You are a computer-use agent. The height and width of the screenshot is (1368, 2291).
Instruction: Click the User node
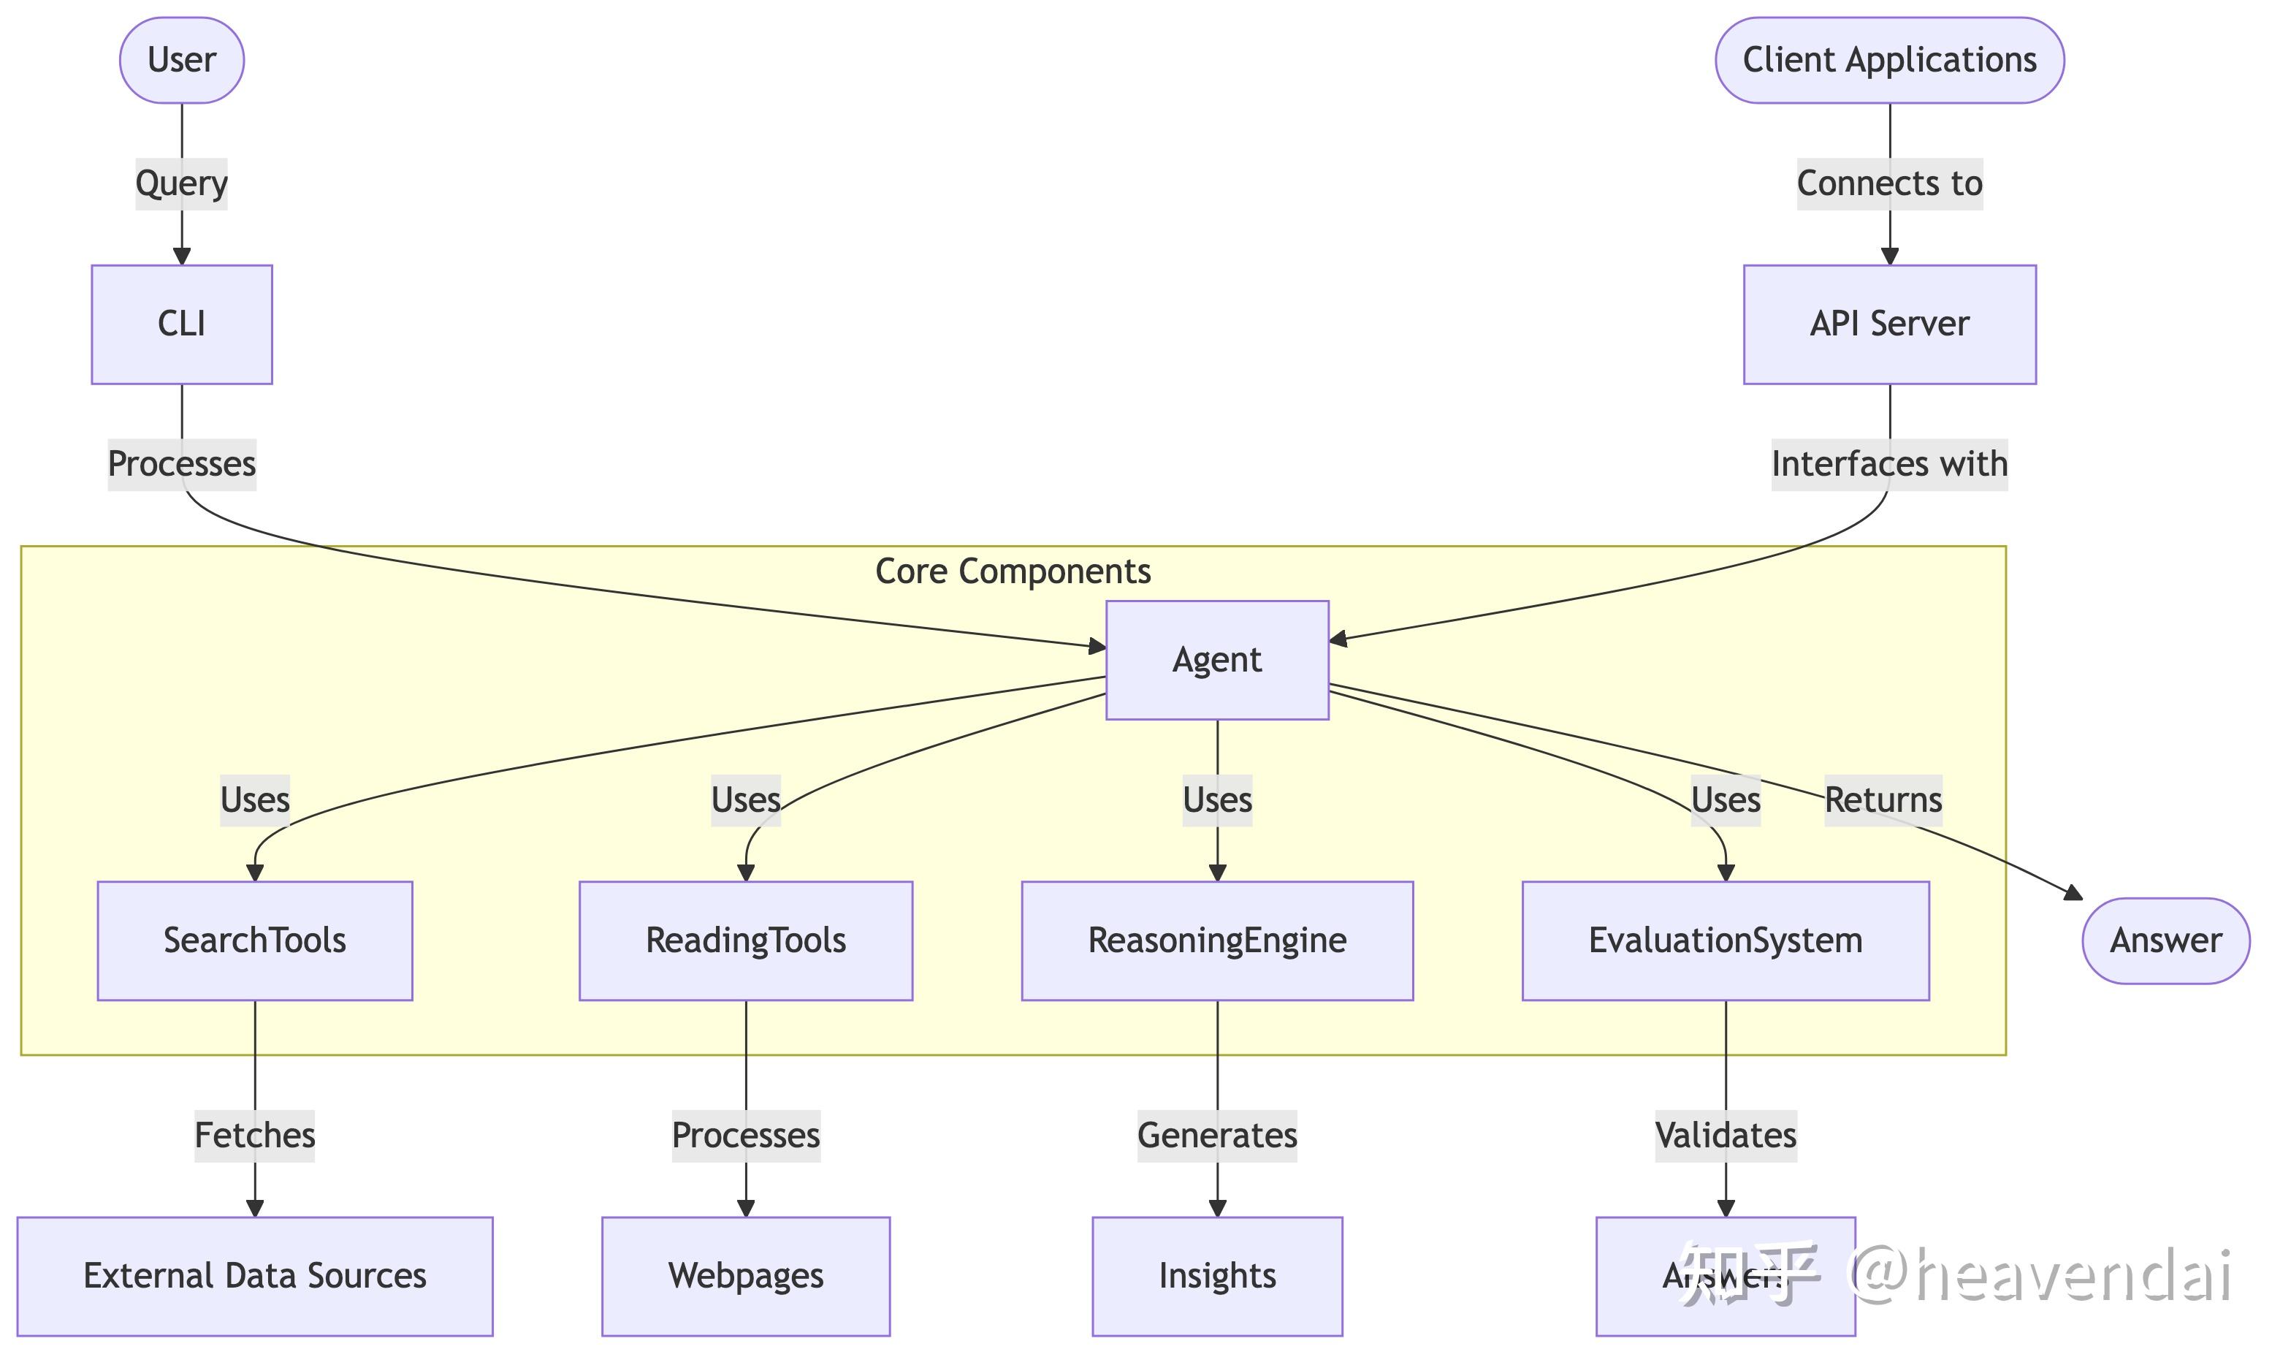coord(182,60)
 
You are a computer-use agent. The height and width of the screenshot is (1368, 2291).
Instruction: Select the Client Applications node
coord(1888,60)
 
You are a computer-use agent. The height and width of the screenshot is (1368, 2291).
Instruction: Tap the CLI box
coord(182,324)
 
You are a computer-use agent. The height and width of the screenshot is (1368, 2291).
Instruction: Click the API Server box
coord(1888,324)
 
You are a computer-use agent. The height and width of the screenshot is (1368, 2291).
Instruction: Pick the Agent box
coord(1216,660)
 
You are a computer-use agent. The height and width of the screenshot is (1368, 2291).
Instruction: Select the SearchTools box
coord(254,940)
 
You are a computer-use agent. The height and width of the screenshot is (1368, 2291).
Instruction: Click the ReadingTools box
coord(746,940)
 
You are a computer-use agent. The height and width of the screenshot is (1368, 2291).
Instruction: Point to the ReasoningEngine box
coord(1216,940)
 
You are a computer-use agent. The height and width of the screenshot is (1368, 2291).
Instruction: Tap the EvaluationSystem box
coord(1724,940)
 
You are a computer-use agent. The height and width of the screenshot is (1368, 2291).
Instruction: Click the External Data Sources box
coord(254,1276)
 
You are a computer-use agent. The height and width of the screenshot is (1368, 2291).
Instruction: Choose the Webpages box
coord(746,1276)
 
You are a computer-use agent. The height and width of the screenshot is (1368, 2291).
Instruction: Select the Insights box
coord(1216,1276)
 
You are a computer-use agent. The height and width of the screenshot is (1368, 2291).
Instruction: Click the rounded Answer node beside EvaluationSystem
coord(2165,940)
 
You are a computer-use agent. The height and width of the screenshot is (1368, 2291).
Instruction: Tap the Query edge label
coord(182,183)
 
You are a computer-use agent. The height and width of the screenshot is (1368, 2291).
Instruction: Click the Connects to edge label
coord(1888,183)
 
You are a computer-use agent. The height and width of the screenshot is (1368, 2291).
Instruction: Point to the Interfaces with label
coord(1888,464)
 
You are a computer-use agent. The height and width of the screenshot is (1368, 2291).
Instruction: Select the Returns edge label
coord(1883,799)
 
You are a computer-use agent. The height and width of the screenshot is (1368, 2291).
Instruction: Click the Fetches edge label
coord(254,1135)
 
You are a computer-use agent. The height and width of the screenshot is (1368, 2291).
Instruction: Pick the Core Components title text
coord(1012,571)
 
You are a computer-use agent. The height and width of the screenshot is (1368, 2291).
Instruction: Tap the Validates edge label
coord(1725,1135)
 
